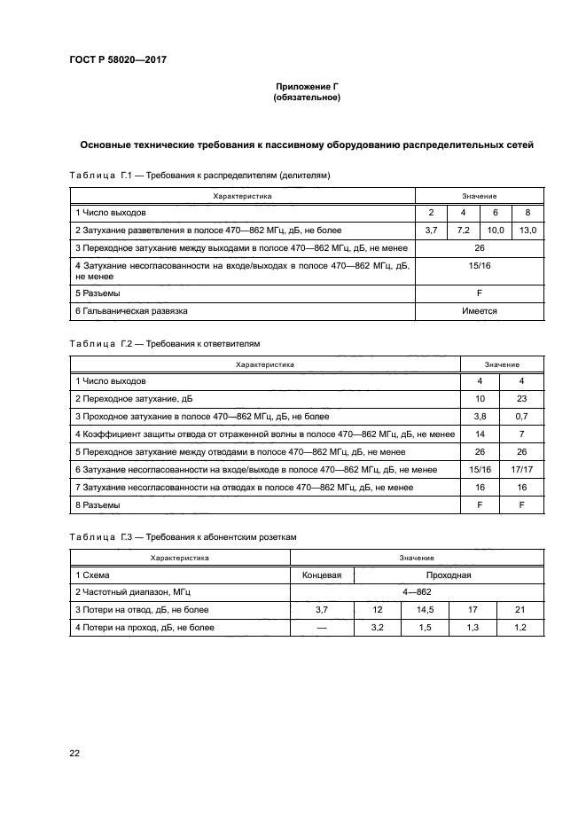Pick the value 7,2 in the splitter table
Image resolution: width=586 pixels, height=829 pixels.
(464, 231)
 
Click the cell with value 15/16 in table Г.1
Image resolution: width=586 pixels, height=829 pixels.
(480, 265)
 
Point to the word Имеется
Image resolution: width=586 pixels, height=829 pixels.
(480, 311)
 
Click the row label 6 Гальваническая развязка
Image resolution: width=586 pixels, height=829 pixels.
(131, 311)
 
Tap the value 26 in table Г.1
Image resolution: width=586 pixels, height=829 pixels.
(480, 247)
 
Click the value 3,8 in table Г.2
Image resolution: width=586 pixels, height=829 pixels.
(480, 416)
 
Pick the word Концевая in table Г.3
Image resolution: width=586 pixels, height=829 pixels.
(322, 575)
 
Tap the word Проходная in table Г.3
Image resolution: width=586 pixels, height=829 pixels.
(448, 575)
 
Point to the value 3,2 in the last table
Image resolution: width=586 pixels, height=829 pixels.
(378, 627)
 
